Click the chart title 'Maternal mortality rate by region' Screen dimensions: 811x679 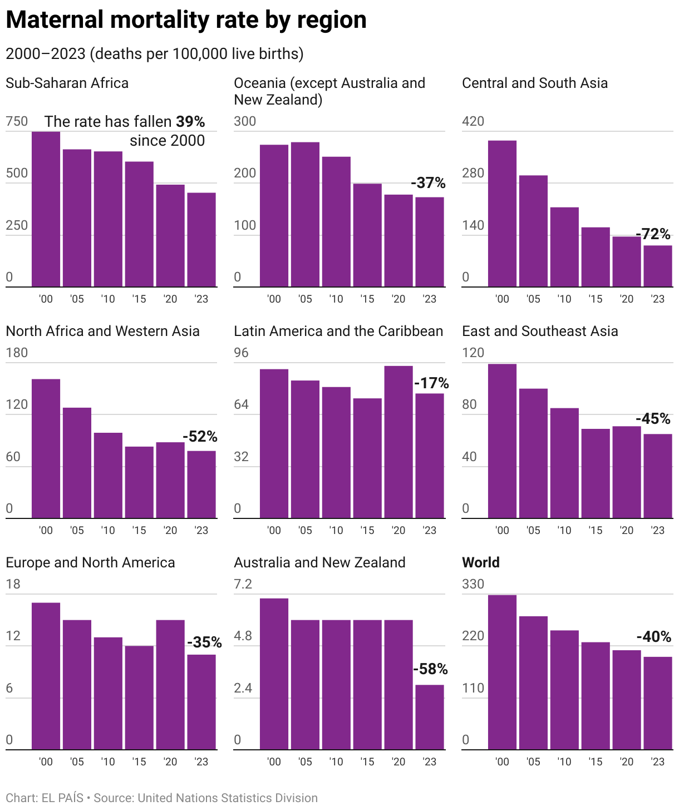(x=186, y=20)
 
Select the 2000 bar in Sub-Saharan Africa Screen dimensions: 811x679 (x=46, y=209)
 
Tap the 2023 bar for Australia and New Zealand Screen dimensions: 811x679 (x=430, y=717)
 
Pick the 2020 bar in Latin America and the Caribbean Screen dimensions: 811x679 (x=398, y=442)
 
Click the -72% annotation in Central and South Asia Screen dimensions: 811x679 (x=653, y=234)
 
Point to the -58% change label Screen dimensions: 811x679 (x=430, y=669)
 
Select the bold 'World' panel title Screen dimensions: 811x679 (x=481, y=562)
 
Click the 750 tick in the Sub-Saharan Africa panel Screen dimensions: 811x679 (x=17, y=121)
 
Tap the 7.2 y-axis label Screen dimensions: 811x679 (x=243, y=584)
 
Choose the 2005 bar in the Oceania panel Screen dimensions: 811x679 (x=305, y=215)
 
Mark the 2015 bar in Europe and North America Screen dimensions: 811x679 (x=139, y=698)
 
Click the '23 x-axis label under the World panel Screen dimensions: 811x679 (x=658, y=761)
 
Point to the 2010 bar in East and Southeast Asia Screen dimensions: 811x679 (x=564, y=463)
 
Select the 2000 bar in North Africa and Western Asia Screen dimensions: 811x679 (x=46, y=448)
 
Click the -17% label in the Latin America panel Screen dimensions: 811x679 (x=431, y=383)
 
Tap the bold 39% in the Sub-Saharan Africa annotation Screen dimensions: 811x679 (x=190, y=122)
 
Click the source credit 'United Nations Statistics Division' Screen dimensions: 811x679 (x=228, y=798)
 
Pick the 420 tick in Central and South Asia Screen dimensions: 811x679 (x=473, y=121)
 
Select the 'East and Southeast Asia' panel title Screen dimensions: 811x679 (x=540, y=331)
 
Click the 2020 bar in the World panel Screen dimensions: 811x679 (x=627, y=700)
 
